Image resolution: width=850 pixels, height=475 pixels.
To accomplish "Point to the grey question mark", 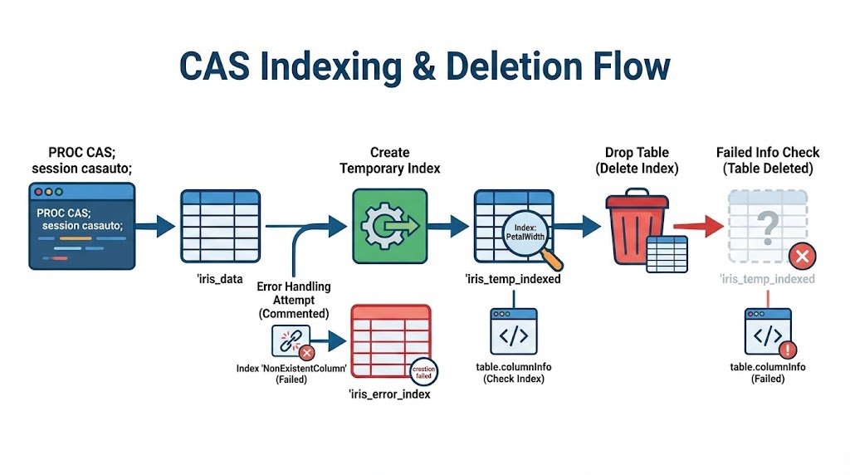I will pos(769,223).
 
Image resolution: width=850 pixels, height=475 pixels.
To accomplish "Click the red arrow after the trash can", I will pos(698,225).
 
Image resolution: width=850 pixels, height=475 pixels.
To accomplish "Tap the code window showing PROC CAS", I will pos(81,226).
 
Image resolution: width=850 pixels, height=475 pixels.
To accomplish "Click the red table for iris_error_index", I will pos(390,343).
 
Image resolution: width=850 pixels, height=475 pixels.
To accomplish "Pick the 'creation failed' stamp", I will pos(423,371).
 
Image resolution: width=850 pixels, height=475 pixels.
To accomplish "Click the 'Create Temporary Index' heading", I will pos(389,160).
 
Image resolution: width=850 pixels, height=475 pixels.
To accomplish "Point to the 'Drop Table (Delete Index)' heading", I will pos(637,160).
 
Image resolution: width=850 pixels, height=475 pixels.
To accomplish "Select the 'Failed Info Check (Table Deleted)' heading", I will pos(768,160).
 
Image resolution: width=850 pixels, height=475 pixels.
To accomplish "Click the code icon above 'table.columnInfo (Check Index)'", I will pos(513,334).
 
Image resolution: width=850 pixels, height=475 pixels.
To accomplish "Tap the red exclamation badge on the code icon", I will pos(788,350).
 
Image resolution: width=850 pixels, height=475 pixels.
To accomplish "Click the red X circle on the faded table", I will pos(801,256).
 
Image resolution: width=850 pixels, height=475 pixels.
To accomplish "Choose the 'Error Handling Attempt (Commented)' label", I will pos(294,300).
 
